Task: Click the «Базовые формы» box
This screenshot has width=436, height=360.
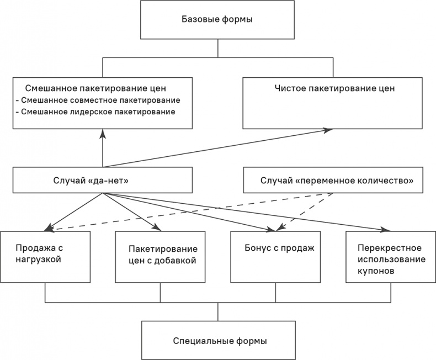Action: point(217,20)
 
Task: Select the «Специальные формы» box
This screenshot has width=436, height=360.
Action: point(217,341)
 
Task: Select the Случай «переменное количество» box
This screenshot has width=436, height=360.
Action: point(337,181)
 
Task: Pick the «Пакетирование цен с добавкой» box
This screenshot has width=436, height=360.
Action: point(160,257)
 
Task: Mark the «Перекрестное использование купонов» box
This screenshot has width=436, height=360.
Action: point(391,257)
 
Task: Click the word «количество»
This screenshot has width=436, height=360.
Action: point(389,181)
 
